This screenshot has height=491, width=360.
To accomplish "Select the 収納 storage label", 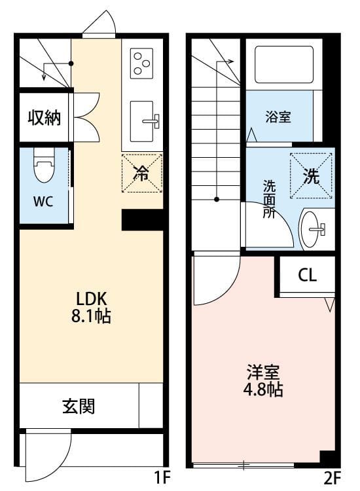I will [x=44, y=118].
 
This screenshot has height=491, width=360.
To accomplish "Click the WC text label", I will [x=43, y=200].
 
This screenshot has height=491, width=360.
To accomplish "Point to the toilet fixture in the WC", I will [x=44, y=167].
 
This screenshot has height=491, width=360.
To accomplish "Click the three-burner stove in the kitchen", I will [x=141, y=64].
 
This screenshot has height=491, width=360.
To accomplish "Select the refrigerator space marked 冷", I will [x=141, y=173].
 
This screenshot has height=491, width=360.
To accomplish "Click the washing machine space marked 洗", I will [x=311, y=175].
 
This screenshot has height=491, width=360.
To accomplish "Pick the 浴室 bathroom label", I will [x=278, y=117].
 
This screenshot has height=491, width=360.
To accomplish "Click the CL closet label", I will [x=307, y=275].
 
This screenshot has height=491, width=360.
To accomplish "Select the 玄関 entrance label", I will [x=79, y=407].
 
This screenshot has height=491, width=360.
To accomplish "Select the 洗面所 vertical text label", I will [x=269, y=199].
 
